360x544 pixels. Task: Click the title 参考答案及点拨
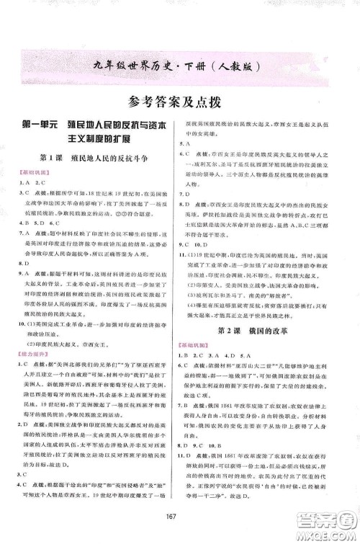click(179, 101)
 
